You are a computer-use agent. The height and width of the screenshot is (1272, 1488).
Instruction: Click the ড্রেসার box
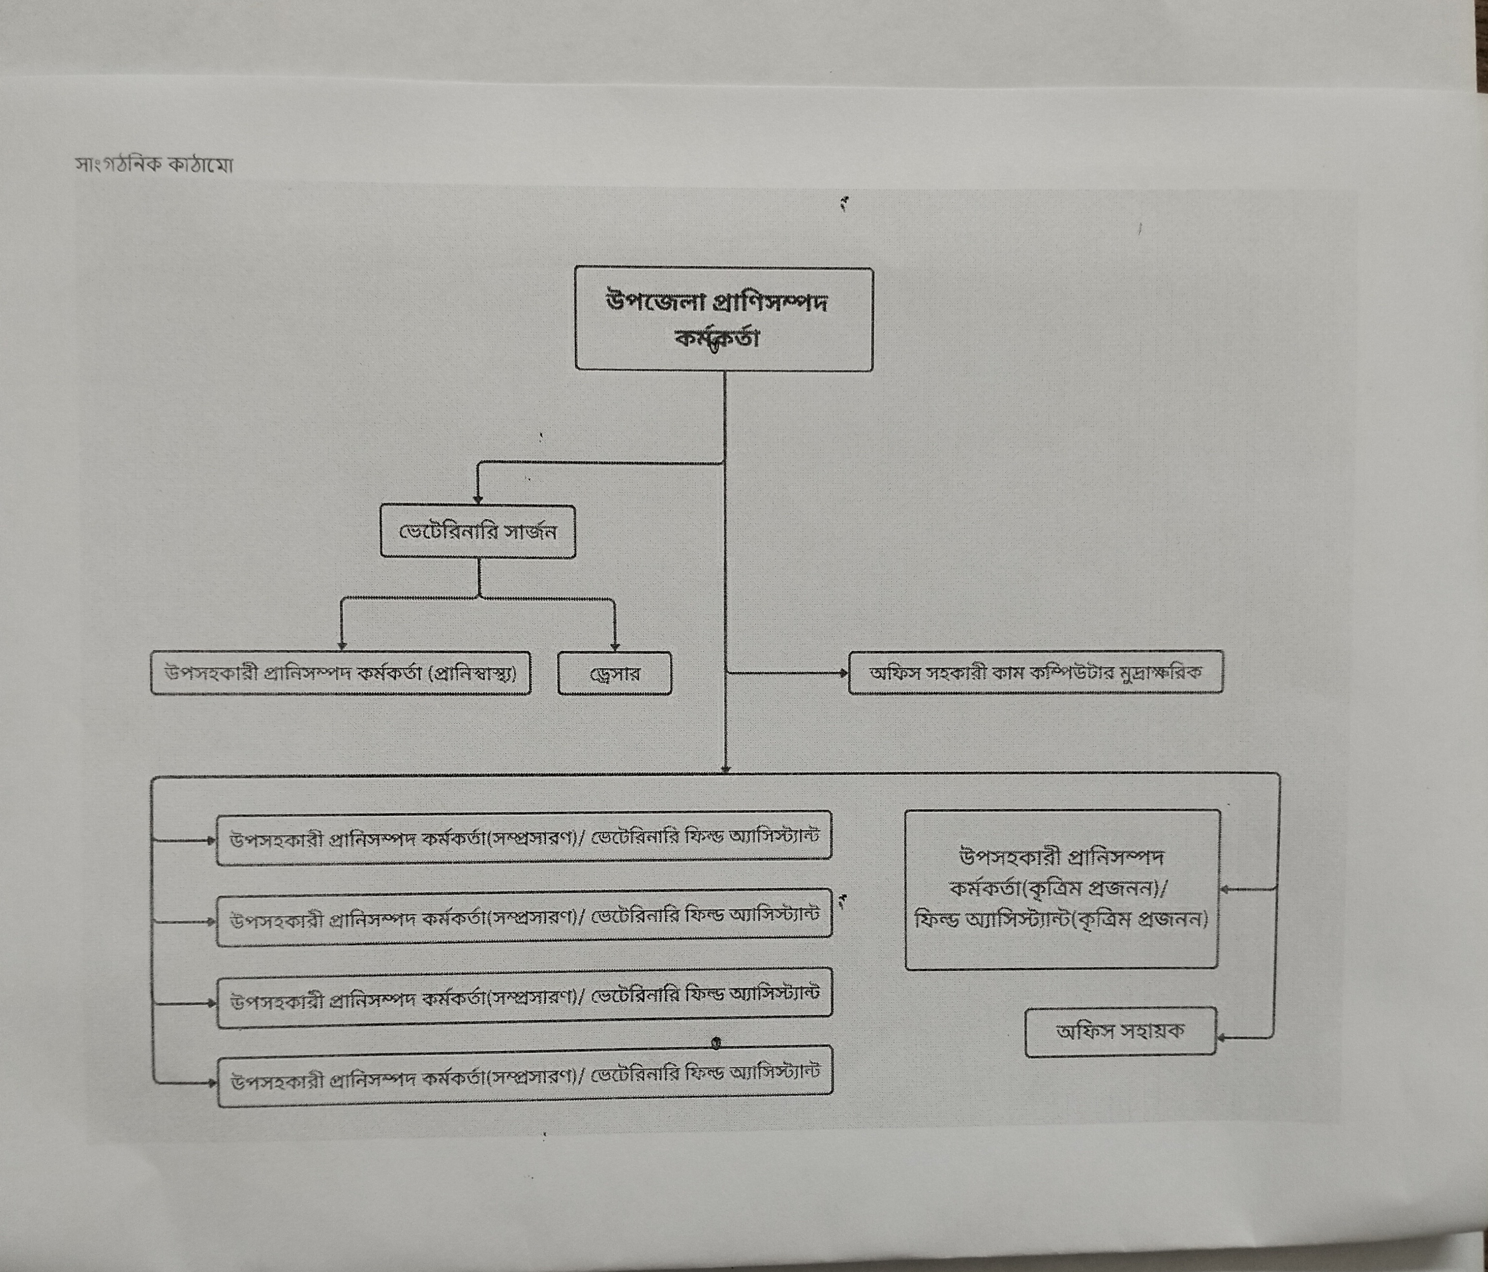pos(615,674)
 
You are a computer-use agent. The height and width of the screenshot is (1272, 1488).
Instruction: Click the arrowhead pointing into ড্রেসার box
pos(615,646)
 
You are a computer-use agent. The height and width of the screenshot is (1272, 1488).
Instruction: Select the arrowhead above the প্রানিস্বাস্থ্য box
pos(342,646)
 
